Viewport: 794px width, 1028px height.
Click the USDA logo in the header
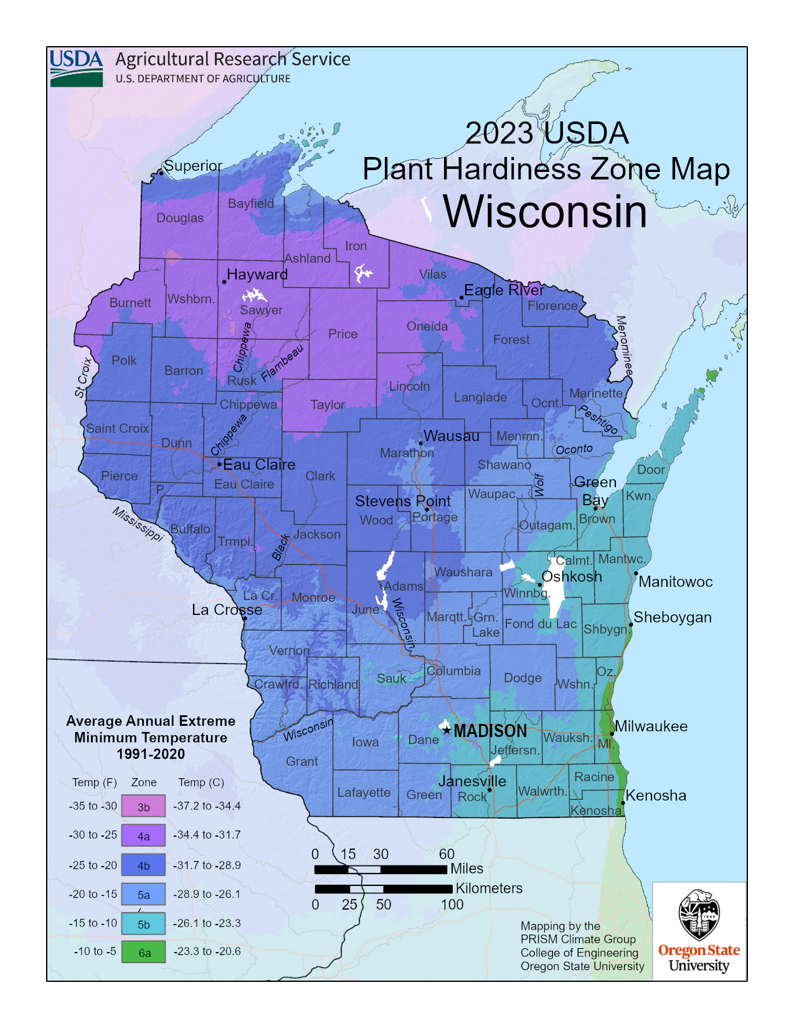[x=76, y=68]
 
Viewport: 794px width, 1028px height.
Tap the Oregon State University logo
[x=699, y=931]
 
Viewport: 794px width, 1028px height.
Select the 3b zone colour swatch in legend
[x=143, y=806]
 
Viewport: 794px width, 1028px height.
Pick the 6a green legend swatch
[x=143, y=952]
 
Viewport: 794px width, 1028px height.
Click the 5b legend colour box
[x=143, y=924]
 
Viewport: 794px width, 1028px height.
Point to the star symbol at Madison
[x=447, y=730]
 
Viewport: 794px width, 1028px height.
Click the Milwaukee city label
[x=651, y=726]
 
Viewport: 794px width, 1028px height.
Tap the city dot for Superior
[x=161, y=173]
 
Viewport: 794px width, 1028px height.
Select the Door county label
[x=651, y=470]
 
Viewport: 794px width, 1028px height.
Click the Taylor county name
[x=328, y=405]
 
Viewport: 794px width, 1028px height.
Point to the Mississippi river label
[x=138, y=524]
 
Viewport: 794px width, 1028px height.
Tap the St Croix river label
[x=83, y=378]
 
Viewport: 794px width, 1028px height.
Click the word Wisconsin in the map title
[x=545, y=212]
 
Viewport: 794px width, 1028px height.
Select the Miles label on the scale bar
[x=466, y=869]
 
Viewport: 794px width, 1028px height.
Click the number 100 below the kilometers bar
[x=452, y=905]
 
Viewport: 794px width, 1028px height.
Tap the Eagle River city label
[x=504, y=290]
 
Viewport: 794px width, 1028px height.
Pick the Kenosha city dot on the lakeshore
[x=623, y=803]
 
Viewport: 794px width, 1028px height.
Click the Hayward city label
[x=257, y=274]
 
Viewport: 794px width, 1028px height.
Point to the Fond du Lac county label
[x=541, y=624]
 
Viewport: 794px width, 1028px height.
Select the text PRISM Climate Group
[x=578, y=939]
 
